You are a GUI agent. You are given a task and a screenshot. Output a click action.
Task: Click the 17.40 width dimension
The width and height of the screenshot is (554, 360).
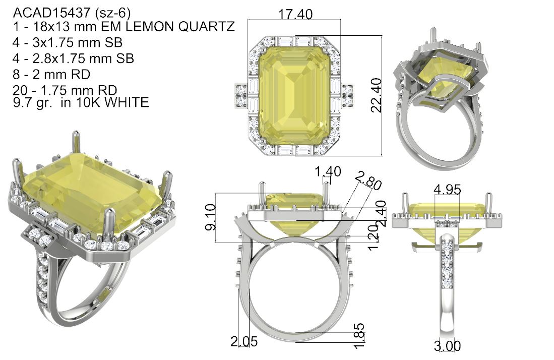[x=295, y=14]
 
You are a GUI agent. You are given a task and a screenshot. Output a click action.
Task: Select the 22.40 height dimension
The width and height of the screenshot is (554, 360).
[x=377, y=95]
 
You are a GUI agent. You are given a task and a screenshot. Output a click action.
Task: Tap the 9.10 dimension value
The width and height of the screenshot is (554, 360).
[x=211, y=217]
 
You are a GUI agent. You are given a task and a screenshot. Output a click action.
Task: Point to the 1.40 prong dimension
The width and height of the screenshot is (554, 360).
[x=328, y=172]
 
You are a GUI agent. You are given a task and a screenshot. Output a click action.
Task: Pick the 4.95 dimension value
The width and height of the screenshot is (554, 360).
[x=447, y=190]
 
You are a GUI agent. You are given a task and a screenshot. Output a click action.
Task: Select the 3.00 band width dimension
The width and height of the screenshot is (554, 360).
[x=447, y=346]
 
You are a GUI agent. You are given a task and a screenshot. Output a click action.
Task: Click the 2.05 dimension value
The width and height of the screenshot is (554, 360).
[x=244, y=342]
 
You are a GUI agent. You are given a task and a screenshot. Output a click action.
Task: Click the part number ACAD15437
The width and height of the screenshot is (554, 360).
[x=52, y=13]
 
